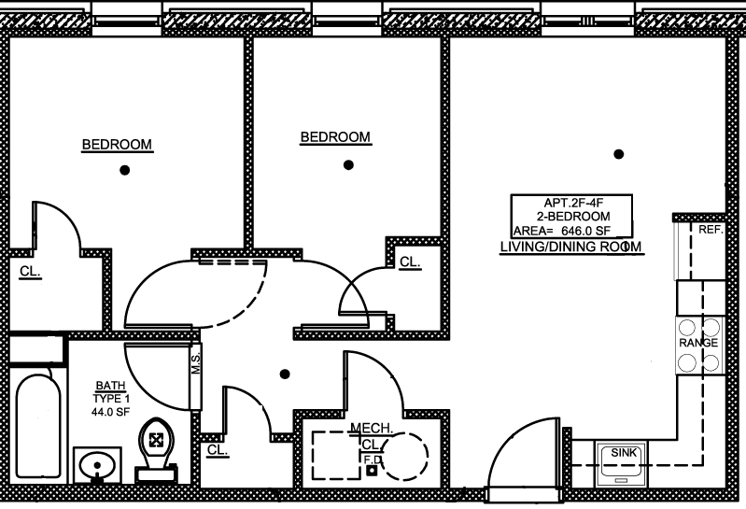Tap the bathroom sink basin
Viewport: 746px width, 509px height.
97,465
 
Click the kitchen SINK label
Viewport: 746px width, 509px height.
624,452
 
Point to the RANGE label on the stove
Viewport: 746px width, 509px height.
698,343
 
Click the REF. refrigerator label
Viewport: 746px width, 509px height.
711,230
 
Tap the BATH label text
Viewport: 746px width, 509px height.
110,386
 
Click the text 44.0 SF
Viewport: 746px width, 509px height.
110,412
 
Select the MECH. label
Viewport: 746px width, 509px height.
372,428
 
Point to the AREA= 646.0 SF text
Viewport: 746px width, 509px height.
562,232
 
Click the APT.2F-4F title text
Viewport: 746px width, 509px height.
573,203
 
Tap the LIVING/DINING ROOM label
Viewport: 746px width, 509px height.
570,247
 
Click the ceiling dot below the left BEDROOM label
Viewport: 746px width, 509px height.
125,170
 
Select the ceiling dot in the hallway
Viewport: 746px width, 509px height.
285,375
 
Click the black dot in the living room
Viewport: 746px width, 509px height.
618,154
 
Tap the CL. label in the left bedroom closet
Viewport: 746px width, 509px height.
30,271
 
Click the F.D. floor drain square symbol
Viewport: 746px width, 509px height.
372,471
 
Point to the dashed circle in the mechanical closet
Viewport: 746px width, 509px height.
405,456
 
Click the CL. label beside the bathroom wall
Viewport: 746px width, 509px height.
218,449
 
